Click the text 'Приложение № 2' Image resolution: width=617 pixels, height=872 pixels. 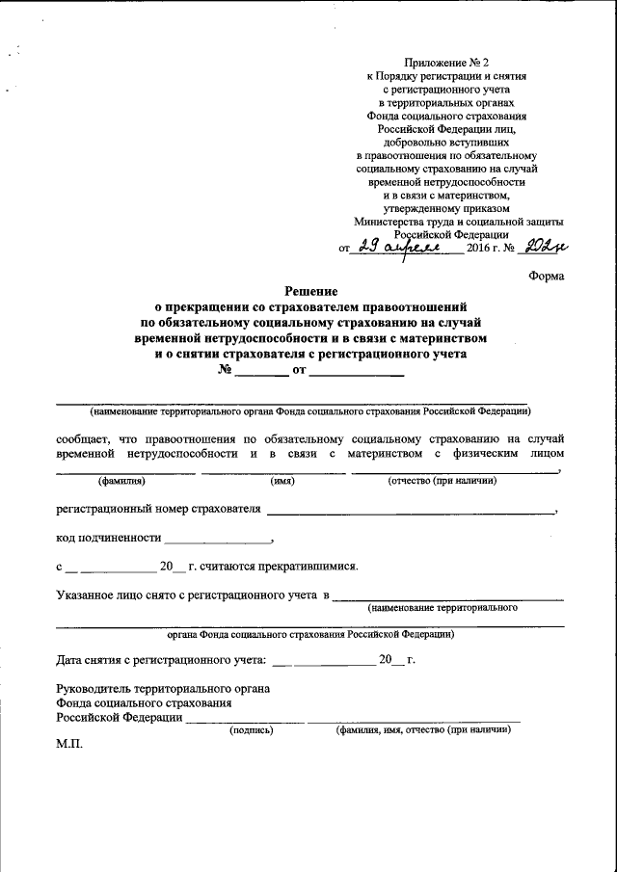coord(445,61)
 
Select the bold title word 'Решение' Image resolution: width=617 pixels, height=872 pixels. coord(310,291)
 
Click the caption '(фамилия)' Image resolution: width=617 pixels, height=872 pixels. coord(121,481)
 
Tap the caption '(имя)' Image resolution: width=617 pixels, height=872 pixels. coord(282,481)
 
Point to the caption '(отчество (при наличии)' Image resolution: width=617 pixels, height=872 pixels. coord(442,481)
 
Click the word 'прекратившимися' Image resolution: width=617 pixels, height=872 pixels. coord(310,567)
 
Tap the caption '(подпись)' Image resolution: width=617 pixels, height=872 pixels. coord(250,730)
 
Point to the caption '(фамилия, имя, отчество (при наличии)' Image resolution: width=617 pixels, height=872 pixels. coord(422,730)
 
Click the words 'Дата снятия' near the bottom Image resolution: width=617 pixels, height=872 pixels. coord(89,660)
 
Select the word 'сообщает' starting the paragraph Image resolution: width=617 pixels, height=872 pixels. coord(83,437)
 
